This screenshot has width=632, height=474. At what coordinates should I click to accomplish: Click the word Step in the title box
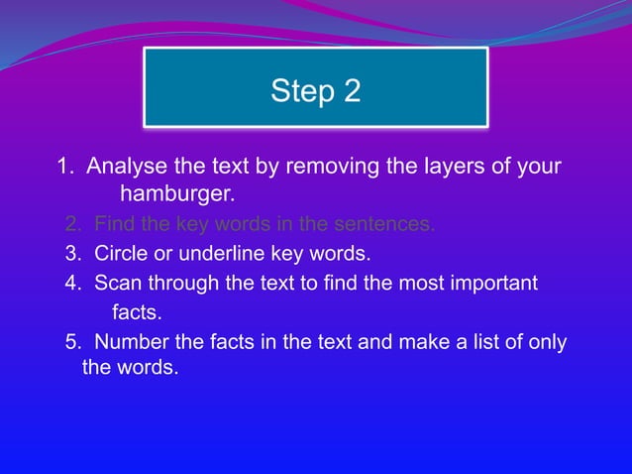300,91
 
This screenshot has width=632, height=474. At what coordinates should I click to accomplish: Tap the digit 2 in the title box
352,91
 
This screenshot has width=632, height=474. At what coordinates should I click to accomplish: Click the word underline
220,254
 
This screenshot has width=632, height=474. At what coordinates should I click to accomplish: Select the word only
547,343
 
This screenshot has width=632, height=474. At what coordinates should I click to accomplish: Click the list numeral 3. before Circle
73,254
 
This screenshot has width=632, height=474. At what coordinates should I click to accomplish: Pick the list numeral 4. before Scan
73,285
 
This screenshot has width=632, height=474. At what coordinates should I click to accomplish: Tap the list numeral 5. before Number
73,343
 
